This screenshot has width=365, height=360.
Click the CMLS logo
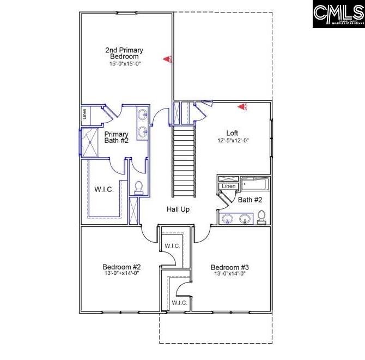coord(338,14)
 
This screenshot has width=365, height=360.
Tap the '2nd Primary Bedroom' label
coord(124,53)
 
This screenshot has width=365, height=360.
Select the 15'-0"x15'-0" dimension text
coord(124,64)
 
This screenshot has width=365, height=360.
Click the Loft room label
coord(233,133)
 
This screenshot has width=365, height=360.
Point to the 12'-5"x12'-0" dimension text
coord(233,140)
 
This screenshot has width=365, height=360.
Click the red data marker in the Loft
coord(242,107)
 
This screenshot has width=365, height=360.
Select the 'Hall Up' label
coord(178,209)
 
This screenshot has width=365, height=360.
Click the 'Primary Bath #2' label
coord(116,137)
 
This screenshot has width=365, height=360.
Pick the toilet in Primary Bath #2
coord(138,187)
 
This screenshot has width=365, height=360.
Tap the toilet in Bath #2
coord(261,217)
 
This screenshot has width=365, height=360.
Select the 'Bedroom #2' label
coord(121,267)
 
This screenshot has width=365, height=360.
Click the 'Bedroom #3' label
coord(230,267)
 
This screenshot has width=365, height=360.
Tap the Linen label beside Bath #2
coord(228,187)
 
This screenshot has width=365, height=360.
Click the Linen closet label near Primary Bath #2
coord(84,115)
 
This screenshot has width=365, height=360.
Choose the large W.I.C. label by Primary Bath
coord(104,190)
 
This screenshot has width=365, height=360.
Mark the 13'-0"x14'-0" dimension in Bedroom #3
coord(230,274)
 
